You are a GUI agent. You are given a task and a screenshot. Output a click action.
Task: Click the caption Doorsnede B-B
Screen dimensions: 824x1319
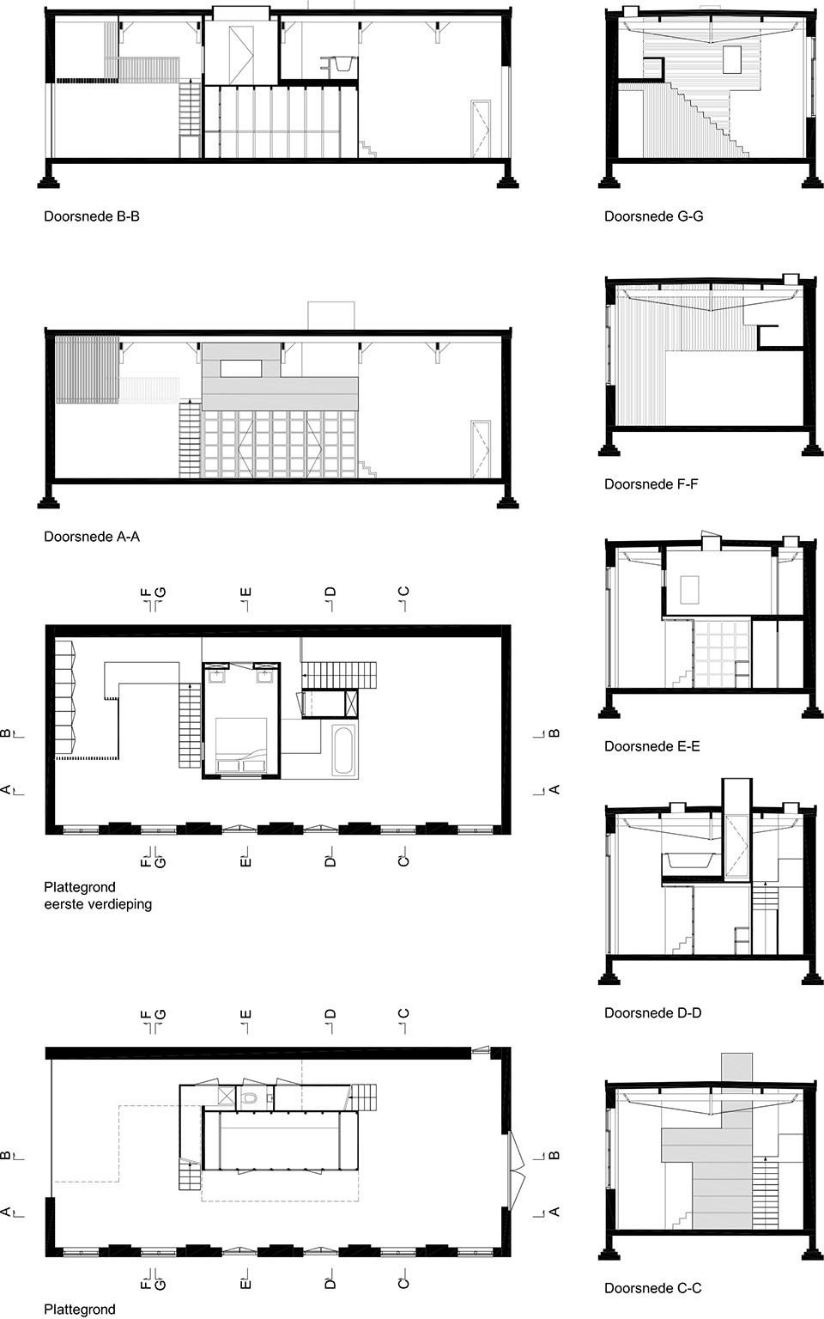click(x=92, y=216)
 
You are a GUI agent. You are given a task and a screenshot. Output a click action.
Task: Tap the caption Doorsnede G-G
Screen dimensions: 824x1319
click(x=653, y=216)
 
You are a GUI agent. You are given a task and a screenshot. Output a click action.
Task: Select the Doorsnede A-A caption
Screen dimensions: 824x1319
click(x=92, y=537)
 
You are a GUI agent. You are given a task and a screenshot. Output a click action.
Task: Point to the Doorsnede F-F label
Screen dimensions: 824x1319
click(x=651, y=484)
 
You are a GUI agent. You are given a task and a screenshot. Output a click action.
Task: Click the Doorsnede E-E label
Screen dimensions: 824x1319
click(x=652, y=746)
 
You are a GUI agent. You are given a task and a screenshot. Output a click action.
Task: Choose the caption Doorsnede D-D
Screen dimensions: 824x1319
click(x=652, y=1012)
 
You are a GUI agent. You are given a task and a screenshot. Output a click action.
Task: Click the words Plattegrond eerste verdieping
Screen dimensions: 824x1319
click(x=98, y=895)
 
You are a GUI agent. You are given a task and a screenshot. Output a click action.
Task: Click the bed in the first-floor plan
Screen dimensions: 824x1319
click(x=241, y=745)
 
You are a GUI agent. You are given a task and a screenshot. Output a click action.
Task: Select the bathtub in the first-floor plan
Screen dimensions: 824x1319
click(x=343, y=750)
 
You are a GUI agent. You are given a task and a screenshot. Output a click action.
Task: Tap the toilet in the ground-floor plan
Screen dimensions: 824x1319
click(x=250, y=1097)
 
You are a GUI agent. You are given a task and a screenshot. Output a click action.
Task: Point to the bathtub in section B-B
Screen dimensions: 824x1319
click(x=338, y=63)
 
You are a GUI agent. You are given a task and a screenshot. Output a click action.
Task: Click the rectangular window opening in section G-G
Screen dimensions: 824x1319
click(x=732, y=59)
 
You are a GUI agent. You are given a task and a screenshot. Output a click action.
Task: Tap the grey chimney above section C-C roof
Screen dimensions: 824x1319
click(x=737, y=1067)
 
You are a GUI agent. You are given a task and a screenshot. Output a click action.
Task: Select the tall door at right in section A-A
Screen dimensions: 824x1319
click(x=481, y=448)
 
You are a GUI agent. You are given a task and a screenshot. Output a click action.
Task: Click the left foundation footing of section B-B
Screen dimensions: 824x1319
click(x=49, y=177)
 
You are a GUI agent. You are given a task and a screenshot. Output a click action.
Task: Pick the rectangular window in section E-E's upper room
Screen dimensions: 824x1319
click(x=690, y=590)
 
